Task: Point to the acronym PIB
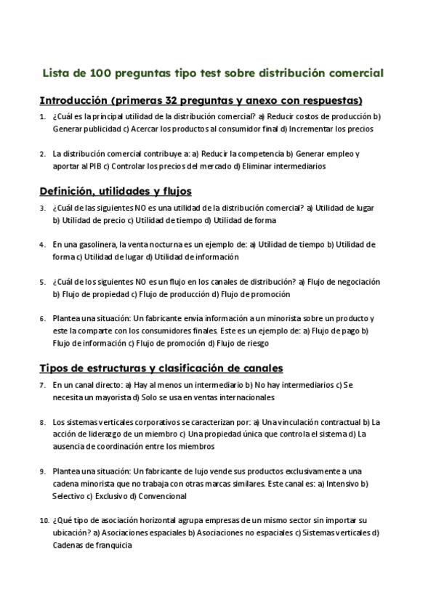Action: [x=93, y=165]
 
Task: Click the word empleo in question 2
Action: [x=339, y=153]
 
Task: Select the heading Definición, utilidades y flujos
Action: [x=115, y=191]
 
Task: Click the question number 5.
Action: [x=42, y=281]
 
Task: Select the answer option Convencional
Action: [x=162, y=495]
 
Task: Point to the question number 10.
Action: [x=43, y=520]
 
